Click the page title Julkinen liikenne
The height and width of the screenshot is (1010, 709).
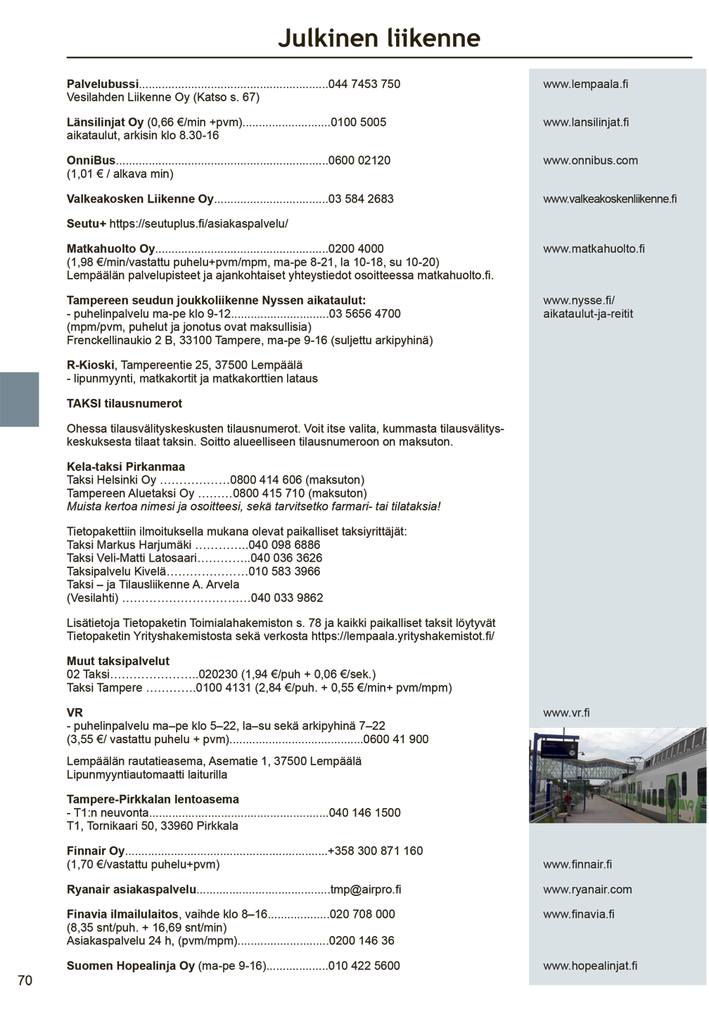[378, 38]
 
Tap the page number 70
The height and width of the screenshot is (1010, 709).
[25, 980]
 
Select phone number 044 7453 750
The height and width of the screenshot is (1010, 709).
[364, 84]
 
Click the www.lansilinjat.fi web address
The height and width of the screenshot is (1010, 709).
[586, 122]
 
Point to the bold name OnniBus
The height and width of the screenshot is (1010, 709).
[91, 160]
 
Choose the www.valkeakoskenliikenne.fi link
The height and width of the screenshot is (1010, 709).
[610, 199]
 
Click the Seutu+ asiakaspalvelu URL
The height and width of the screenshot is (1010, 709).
[198, 224]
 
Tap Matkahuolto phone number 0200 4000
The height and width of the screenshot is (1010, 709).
[356, 249]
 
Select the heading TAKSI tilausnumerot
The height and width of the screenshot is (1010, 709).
[124, 404]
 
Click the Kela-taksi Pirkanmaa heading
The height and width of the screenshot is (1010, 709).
[125, 467]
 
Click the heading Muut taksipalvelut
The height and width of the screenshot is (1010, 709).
[118, 662]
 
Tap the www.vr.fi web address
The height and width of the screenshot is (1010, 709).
[566, 713]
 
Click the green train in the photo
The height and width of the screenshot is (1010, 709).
[661, 781]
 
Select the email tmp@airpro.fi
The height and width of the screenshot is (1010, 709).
[366, 890]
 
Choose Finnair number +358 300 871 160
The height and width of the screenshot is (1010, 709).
[376, 851]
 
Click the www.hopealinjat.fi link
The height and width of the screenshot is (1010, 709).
[590, 966]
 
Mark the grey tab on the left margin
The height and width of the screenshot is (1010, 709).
[19, 399]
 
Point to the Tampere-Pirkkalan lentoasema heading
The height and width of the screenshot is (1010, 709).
[153, 800]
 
